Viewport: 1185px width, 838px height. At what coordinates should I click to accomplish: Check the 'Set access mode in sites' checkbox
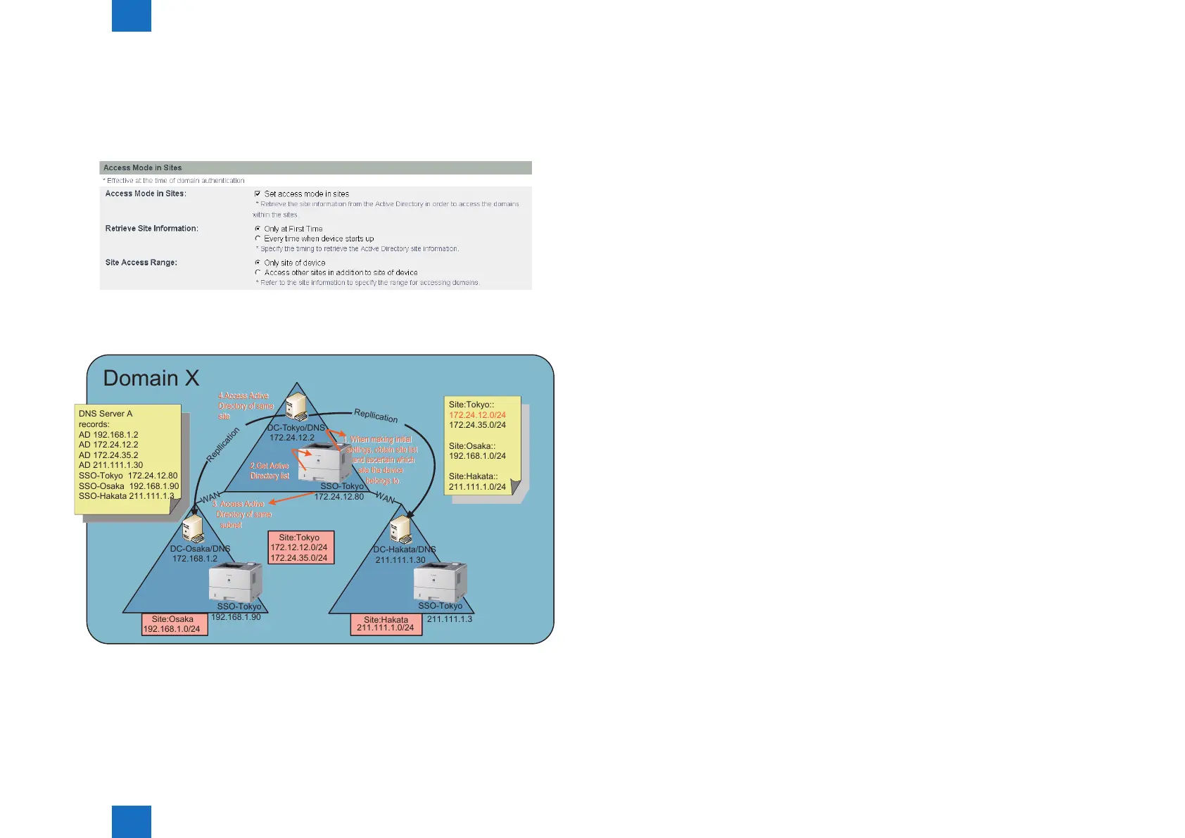tap(258, 193)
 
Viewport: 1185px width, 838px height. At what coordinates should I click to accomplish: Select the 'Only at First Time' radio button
tap(258, 229)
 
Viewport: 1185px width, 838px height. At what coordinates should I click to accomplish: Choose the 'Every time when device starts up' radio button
tap(258, 239)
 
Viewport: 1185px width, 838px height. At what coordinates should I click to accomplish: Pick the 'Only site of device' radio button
tap(258, 262)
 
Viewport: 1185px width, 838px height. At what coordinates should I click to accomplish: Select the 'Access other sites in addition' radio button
tap(258, 272)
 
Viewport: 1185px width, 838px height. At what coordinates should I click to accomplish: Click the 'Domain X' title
tap(151, 379)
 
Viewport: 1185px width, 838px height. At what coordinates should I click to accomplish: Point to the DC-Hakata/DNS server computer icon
tap(400, 529)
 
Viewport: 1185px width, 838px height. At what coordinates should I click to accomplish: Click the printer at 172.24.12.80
tap(326, 462)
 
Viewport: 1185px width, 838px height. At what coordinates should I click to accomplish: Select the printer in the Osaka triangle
tap(235, 582)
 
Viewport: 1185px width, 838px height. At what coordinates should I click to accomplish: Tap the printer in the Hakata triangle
tap(440, 582)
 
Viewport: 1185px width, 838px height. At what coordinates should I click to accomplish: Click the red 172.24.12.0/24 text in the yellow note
tap(477, 415)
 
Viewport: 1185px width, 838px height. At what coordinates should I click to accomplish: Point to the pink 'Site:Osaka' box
tap(175, 624)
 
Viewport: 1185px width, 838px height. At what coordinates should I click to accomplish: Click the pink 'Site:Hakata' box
tap(386, 624)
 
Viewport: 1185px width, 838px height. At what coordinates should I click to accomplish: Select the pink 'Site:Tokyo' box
tap(301, 547)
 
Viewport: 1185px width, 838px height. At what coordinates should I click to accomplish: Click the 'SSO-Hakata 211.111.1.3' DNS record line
tap(126, 496)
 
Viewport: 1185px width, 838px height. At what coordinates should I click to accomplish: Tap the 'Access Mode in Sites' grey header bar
tap(315, 167)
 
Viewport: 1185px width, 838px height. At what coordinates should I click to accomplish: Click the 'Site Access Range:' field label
tap(141, 262)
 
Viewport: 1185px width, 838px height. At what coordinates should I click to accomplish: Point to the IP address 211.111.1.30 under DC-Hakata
tap(400, 560)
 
